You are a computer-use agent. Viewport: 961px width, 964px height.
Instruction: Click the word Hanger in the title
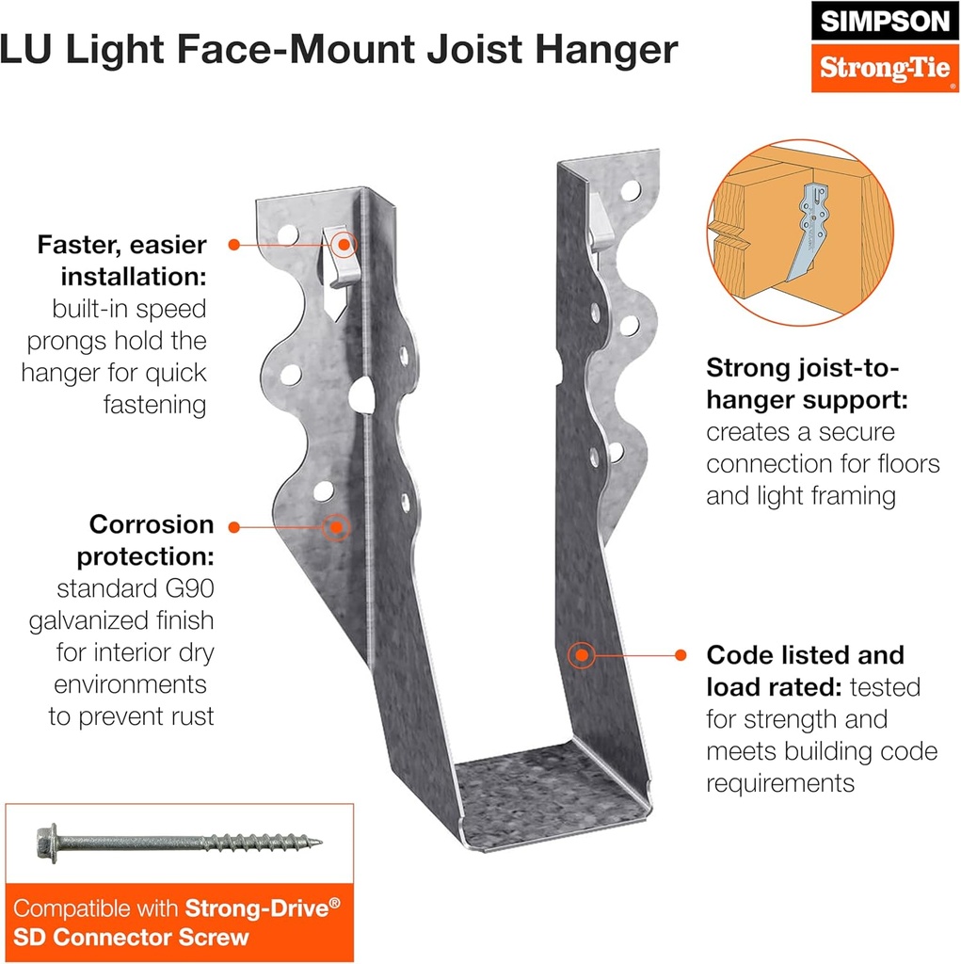[607, 50]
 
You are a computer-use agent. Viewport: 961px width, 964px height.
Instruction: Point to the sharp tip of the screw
[318, 841]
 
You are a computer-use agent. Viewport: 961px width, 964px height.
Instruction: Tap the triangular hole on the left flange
[361, 394]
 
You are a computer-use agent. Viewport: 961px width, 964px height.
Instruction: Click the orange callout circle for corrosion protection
[334, 526]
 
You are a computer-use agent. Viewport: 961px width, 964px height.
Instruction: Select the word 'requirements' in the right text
[779, 782]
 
